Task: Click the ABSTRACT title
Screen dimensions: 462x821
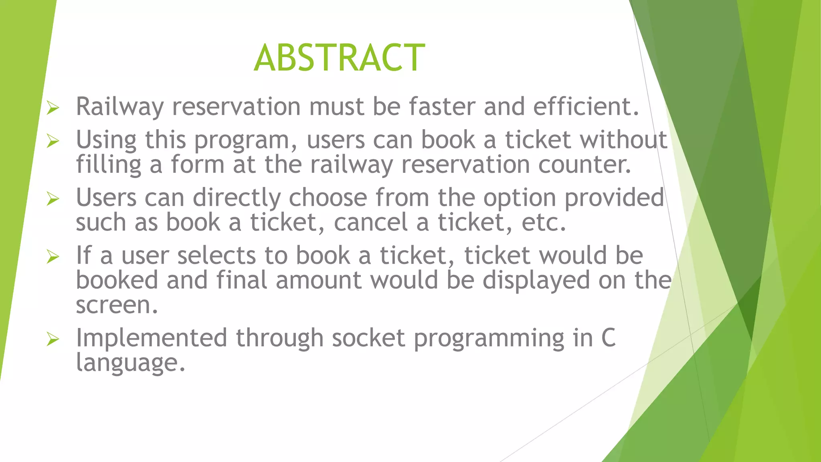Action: (339, 58)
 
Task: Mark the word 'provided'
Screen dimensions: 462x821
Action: (614, 198)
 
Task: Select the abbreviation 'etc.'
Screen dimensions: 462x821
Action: (544, 223)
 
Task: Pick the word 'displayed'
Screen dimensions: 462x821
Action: (536, 281)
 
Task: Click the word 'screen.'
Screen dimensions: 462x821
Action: (117, 306)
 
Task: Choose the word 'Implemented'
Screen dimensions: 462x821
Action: (152, 338)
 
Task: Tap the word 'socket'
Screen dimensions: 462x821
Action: (368, 338)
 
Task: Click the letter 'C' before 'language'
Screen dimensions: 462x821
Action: (608, 338)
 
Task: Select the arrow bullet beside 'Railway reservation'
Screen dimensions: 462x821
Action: (53, 107)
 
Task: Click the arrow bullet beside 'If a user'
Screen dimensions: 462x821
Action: (53, 256)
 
